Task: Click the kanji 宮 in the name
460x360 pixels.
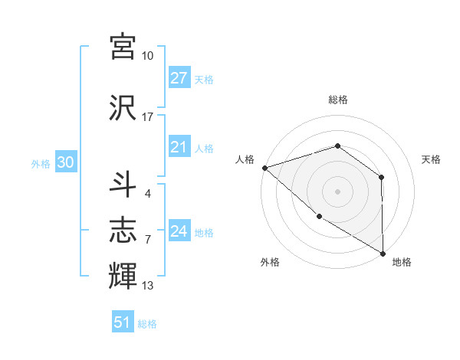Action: (123, 47)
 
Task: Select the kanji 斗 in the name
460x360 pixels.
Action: (123, 184)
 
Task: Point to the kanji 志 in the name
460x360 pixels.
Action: (123, 228)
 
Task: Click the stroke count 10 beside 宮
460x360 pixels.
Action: (147, 56)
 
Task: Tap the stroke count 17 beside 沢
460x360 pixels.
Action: (147, 116)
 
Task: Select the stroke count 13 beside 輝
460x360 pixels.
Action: (147, 286)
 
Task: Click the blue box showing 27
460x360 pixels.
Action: (179, 78)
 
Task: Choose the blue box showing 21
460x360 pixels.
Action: (179, 147)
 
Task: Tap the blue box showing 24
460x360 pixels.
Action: (179, 232)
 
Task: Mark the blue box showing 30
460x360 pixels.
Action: (64, 163)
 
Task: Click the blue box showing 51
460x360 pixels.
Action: (123, 322)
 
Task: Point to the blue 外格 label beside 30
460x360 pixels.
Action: (41, 164)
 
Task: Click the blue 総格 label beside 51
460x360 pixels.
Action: (147, 324)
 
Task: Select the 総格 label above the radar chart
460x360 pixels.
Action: (337, 100)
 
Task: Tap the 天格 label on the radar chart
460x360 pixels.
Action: (431, 159)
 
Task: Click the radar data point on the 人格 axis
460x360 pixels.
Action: (264, 167)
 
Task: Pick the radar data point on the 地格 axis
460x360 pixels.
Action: (383, 253)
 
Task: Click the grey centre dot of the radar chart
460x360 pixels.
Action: (337, 191)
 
